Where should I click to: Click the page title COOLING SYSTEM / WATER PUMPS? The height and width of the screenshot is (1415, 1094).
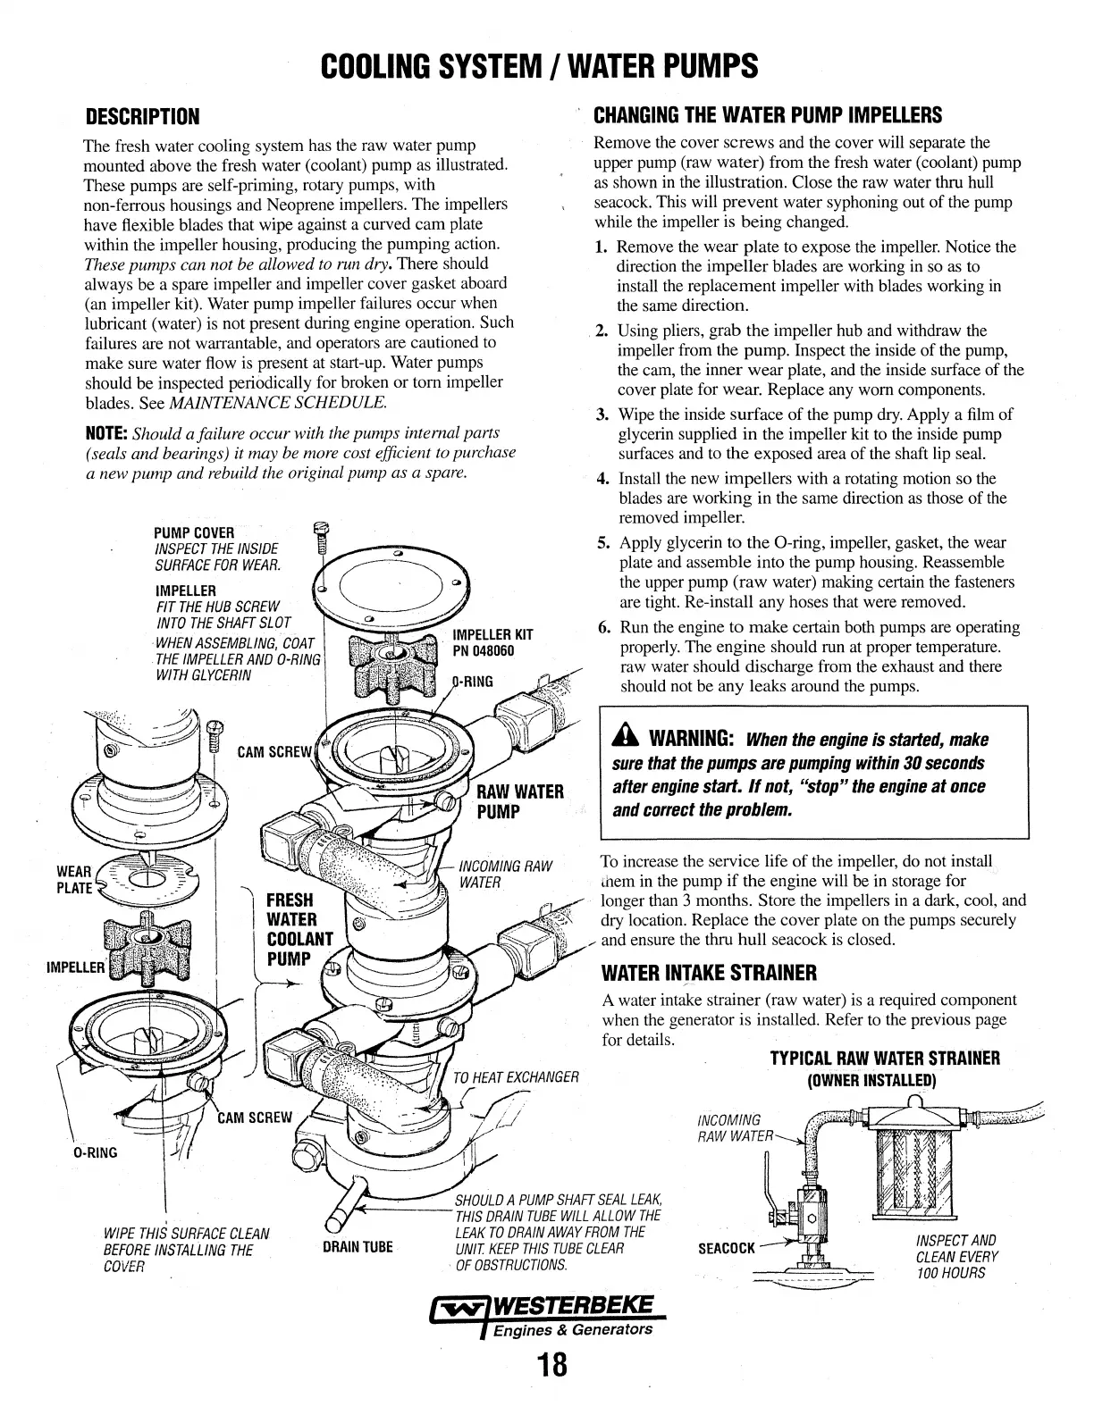click(x=539, y=65)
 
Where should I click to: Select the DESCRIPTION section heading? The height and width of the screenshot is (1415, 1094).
click(x=141, y=117)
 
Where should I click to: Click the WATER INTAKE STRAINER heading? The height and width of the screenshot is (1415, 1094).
click(x=710, y=972)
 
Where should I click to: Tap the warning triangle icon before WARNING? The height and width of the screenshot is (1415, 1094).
click(x=624, y=740)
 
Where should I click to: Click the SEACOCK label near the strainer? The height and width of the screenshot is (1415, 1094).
click(x=726, y=1247)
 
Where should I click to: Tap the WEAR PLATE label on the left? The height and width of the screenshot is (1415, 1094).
click(x=75, y=879)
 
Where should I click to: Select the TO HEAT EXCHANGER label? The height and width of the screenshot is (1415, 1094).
click(x=518, y=1076)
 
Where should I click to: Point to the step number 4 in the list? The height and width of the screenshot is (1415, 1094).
click(x=602, y=479)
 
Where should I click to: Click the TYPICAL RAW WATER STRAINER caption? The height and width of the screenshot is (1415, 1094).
click(x=884, y=1059)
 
